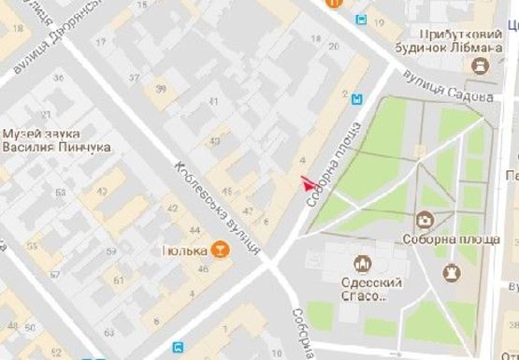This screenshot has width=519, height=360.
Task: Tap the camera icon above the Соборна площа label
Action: click(425, 221)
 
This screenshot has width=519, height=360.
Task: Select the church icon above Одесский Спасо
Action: click(361, 265)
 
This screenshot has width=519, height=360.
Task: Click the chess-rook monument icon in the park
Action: click(454, 273)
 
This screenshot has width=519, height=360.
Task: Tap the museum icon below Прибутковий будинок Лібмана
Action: click(481, 65)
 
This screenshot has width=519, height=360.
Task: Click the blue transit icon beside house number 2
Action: click(357, 97)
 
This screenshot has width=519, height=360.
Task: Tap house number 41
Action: click(213, 101)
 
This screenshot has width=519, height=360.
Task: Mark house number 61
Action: click(119, 278)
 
